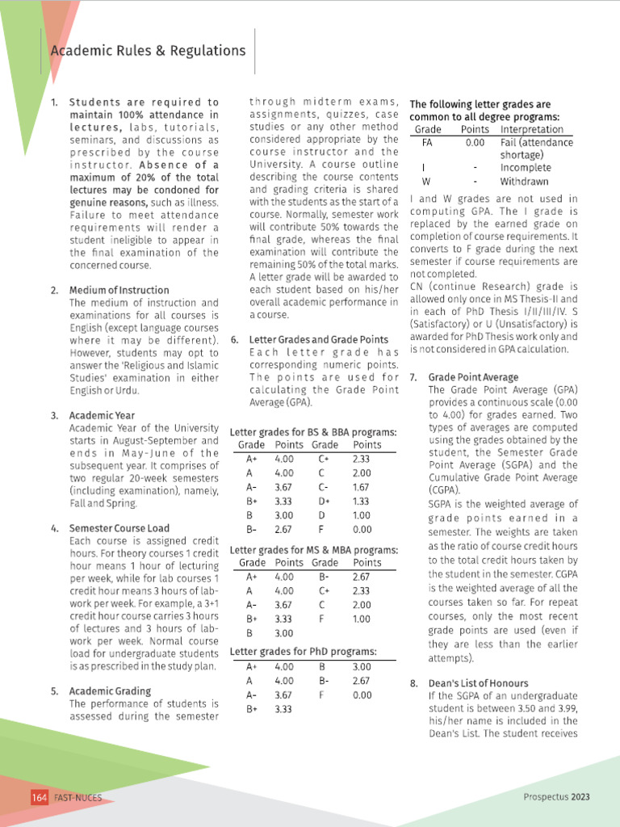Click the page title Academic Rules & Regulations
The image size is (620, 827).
[148, 51]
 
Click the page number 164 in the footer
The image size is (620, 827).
[40, 797]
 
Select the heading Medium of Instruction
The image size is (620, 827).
[119, 290]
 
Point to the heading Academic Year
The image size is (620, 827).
[102, 415]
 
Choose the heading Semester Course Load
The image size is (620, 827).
[119, 528]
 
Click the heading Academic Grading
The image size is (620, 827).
[110, 691]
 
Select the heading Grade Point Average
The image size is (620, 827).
[473, 377]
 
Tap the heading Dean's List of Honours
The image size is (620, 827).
[478, 683]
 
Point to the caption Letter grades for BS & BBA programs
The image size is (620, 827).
[313, 432]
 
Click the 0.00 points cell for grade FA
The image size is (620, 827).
[475, 143]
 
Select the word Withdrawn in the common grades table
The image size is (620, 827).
[526, 181]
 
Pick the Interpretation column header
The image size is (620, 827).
[532, 129]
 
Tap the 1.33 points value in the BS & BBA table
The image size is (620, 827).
[362, 502]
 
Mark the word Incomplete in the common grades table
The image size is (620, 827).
[526, 168]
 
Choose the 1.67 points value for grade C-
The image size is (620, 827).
[362, 487]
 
